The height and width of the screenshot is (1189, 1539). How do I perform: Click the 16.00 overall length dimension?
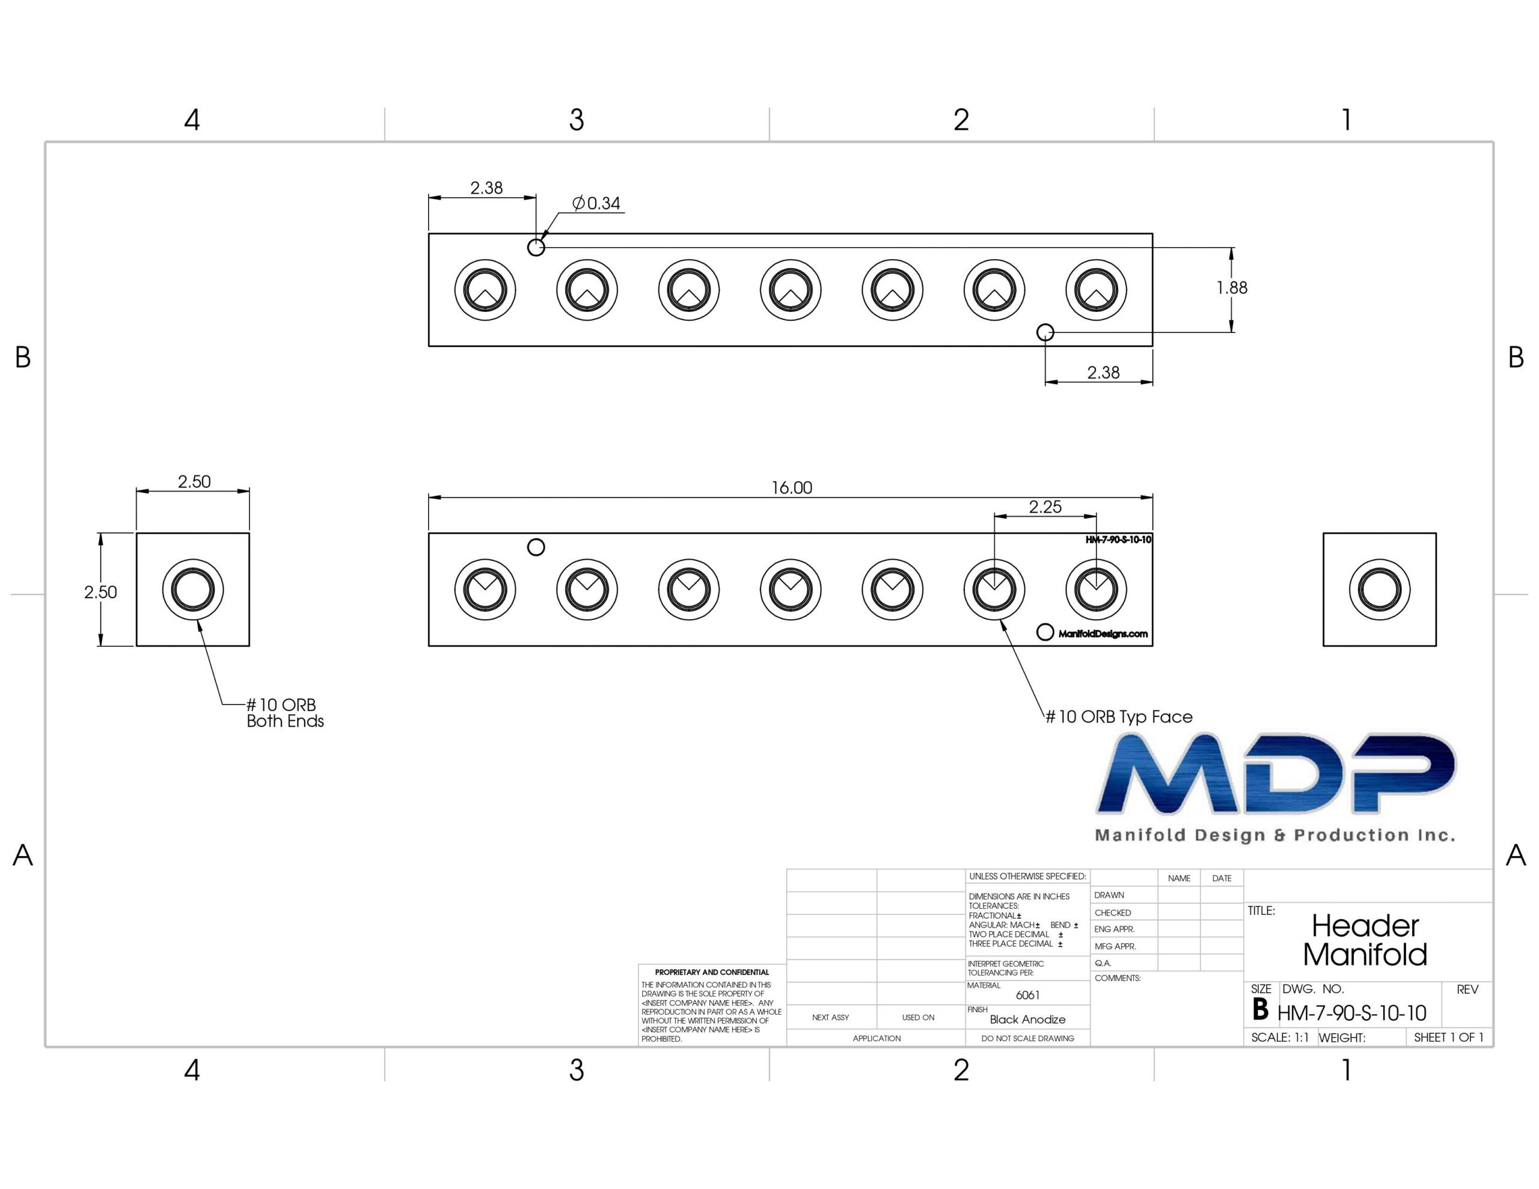coord(791,488)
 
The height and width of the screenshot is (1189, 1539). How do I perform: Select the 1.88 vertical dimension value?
coord(1232,287)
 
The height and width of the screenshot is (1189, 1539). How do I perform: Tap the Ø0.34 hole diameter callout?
coord(596,203)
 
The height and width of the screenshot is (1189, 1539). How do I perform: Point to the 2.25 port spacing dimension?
coord(1045,507)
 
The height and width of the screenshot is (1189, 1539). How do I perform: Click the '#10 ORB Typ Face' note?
coord(1118,717)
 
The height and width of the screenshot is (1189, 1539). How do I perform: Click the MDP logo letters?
coord(1276,773)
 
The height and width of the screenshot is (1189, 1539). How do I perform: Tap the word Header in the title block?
coord(1365,925)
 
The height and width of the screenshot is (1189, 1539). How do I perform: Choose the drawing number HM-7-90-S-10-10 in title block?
coord(1351,1013)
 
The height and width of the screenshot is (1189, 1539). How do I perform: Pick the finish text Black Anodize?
coord(1027,1019)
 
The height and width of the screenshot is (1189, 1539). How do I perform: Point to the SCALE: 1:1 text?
coord(1280,1038)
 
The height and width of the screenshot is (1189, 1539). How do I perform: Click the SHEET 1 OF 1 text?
coord(1449,1038)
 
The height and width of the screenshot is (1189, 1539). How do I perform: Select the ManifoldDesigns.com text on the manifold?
coord(1103,634)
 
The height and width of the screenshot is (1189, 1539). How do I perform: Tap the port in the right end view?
coord(1379,589)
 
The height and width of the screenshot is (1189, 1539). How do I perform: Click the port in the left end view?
coord(192,589)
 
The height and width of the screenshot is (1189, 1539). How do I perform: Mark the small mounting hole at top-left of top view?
coord(536,248)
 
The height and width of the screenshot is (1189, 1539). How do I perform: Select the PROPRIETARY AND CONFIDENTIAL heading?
coord(712,972)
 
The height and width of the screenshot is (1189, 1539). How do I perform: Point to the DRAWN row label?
coord(1109,895)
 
